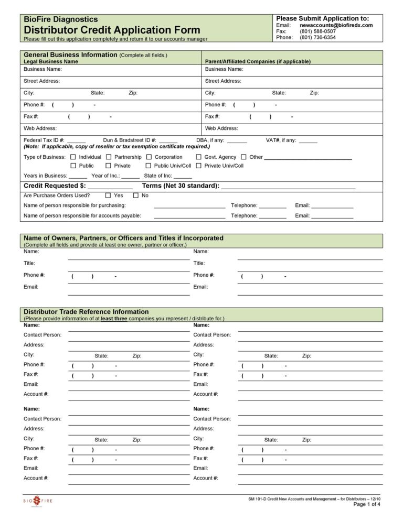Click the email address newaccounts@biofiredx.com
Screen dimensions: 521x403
[336, 25]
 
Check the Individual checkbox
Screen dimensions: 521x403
[73, 157]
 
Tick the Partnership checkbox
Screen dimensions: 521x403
[109, 157]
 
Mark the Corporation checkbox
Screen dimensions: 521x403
[149, 157]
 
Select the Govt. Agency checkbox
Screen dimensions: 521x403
[199, 157]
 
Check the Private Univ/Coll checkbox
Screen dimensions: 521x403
[199, 166]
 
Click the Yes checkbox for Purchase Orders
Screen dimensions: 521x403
[108, 196]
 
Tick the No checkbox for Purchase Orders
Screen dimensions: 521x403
[136, 196]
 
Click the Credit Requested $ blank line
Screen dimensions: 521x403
[110, 187]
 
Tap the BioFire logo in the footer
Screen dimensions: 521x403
[37, 501]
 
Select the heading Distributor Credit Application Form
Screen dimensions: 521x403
[112, 30]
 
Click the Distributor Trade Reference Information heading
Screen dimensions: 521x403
[86, 312]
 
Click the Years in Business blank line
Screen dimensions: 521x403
[78, 177]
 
